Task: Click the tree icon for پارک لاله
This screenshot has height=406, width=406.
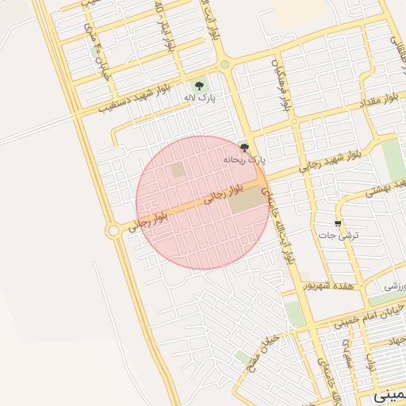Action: point(198,85)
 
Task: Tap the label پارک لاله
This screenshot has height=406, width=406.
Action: point(200,97)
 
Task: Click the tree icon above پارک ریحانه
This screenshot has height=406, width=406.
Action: point(244,147)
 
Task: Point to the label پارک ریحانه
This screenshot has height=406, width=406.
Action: point(246,159)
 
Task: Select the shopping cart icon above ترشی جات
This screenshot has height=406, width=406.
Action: point(339,224)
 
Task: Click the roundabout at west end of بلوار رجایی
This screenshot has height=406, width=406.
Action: point(113,231)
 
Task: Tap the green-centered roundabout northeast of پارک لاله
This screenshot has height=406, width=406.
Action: point(225,65)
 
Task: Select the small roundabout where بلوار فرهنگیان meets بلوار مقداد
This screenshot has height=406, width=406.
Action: point(294,121)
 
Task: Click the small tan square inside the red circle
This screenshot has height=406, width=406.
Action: point(178,170)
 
